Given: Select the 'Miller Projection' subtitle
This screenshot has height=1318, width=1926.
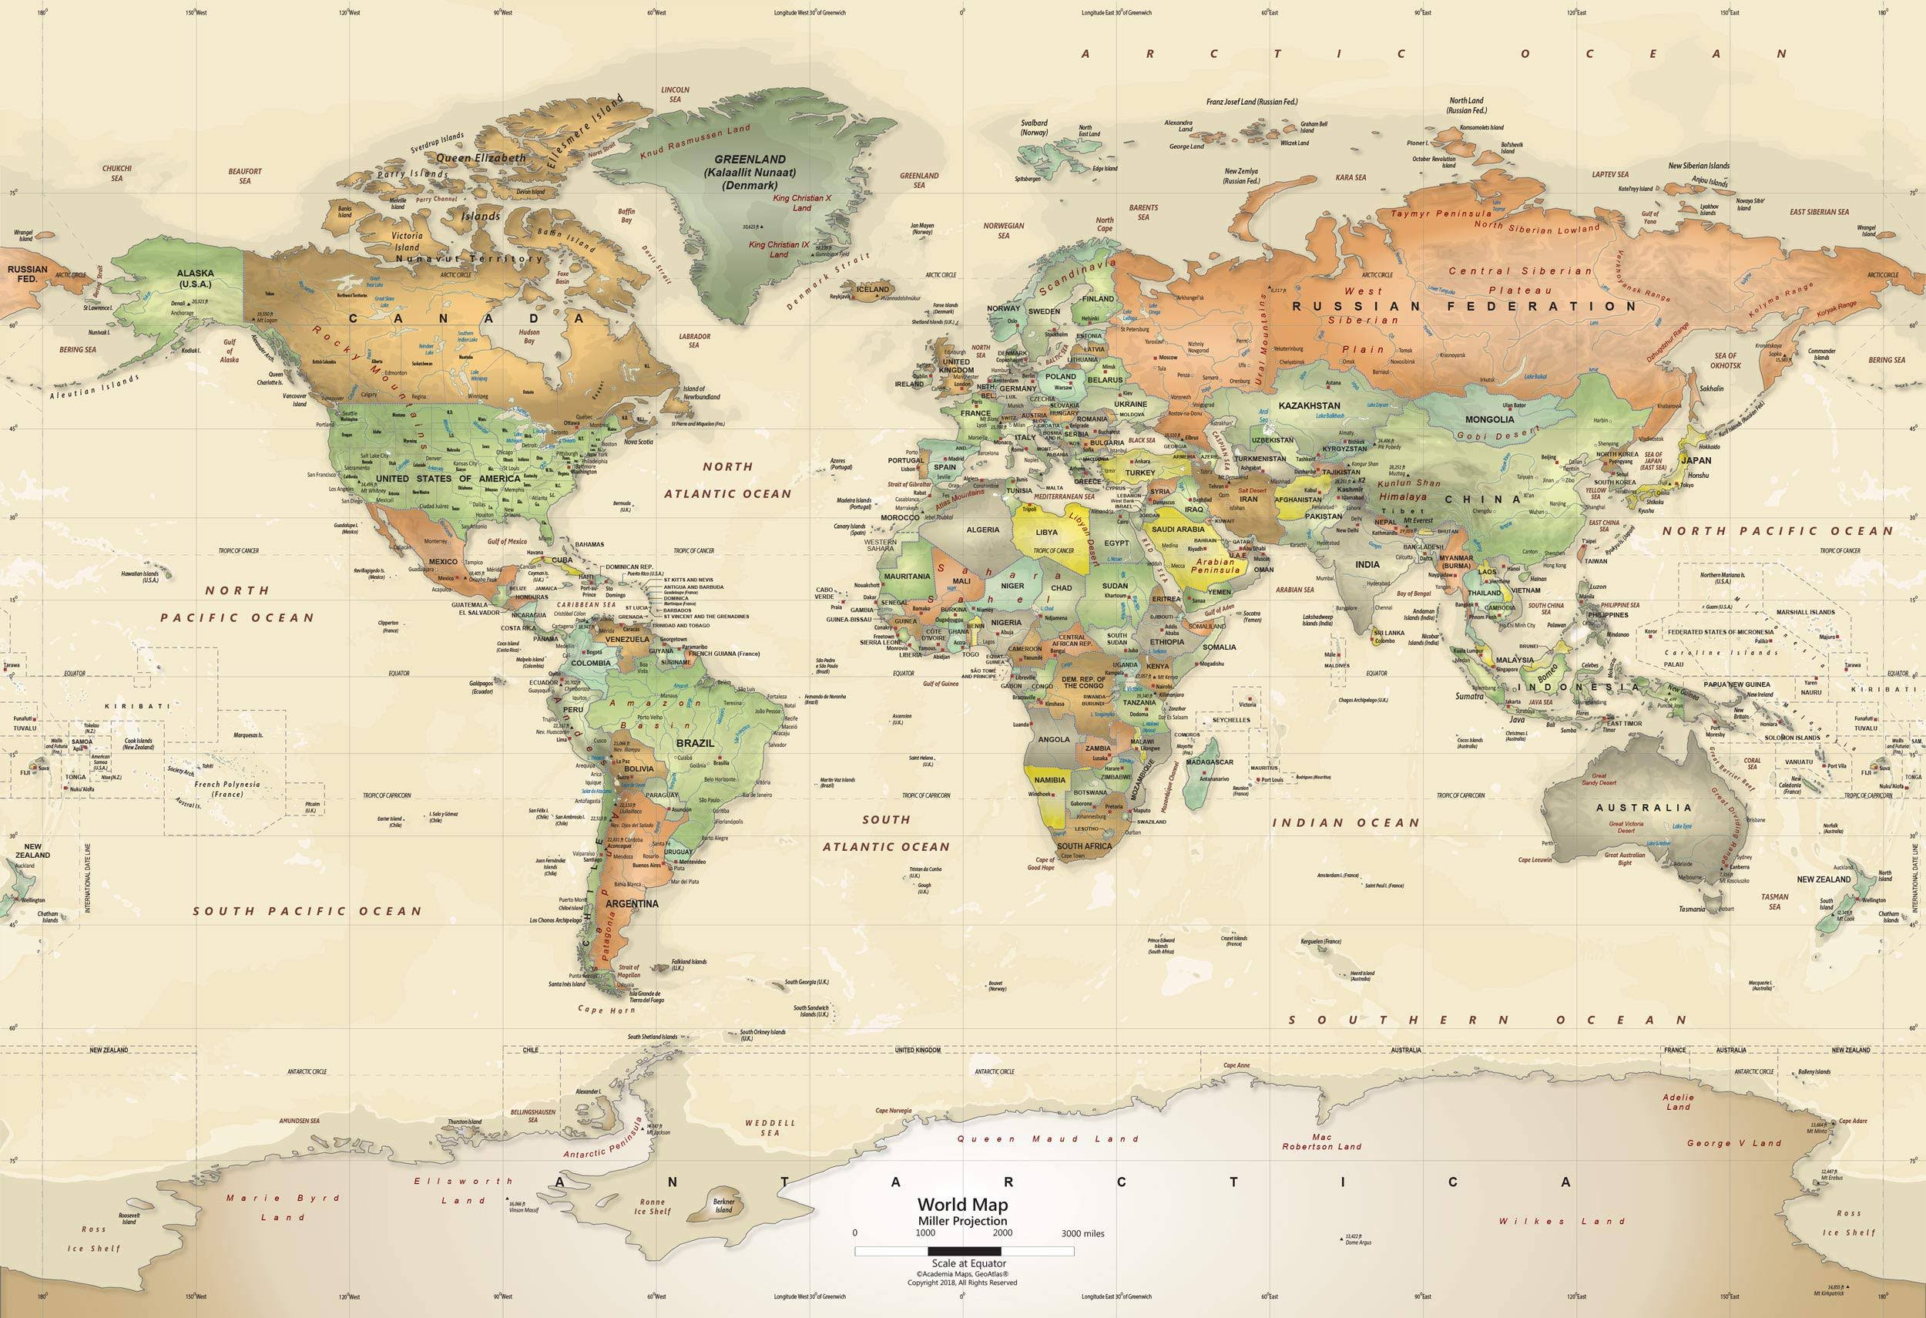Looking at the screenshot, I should pos(962,1221).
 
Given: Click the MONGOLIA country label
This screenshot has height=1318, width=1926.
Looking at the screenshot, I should pos(1489,419).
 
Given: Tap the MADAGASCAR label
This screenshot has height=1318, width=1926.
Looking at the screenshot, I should pos(1210,762).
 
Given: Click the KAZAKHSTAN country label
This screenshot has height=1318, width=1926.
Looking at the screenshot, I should pos(1310,405).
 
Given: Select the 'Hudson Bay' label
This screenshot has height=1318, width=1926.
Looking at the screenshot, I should pos(528,337).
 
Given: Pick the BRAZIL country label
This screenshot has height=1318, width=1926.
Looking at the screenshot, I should pos(694,744).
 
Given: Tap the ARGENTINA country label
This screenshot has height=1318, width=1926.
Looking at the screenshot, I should pos(632,903).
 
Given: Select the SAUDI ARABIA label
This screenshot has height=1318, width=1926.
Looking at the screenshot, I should pos(1178,529).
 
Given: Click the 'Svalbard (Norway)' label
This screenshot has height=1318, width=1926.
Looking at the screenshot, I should pos(1035,128).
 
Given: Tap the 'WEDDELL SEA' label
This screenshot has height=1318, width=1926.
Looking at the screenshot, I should pos(770,1128).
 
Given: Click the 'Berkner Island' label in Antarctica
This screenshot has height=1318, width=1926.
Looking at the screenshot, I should pos(723,1205).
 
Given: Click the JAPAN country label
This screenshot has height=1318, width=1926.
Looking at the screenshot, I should pos(1696,460).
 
